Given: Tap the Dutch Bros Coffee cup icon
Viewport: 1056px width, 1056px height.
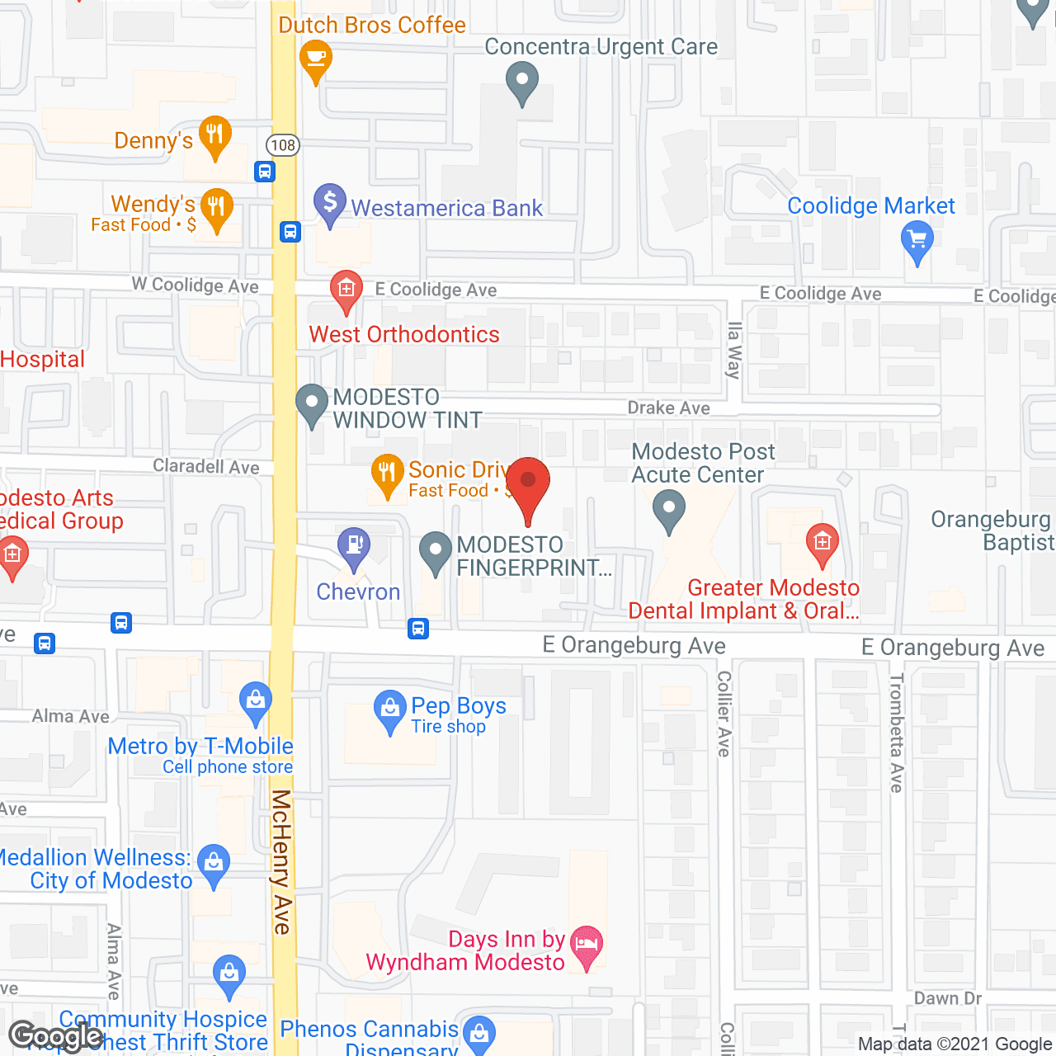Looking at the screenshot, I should (x=315, y=59).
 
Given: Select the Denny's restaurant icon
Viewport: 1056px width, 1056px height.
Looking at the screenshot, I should (x=215, y=134).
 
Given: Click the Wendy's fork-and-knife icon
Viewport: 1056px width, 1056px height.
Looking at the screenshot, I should (x=216, y=206).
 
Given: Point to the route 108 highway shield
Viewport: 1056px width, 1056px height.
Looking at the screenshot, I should (x=283, y=145).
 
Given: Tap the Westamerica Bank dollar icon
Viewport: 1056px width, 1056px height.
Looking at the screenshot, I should (x=330, y=201).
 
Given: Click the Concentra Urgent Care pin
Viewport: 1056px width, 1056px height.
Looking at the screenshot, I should (x=521, y=82).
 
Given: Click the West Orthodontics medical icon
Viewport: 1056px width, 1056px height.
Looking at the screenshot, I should (x=346, y=289).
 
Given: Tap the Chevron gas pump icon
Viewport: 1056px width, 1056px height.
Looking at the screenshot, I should (x=354, y=545).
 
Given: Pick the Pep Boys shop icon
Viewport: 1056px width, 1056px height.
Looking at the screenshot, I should (x=389, y=709).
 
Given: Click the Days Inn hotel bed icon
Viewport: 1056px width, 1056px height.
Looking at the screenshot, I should (x=587, y=942).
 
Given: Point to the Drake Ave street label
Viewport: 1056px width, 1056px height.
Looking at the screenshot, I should (x=668, y=408).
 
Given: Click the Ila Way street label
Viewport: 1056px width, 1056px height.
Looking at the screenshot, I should (x=733, y=350).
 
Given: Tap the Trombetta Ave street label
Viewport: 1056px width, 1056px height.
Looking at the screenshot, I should (x=897, y=733).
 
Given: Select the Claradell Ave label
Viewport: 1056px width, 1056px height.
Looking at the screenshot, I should (x=206, y=467).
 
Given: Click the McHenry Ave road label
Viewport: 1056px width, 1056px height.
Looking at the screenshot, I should (x=282, y=861).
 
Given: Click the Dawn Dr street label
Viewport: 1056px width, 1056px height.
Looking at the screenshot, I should (x=948, y=998).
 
